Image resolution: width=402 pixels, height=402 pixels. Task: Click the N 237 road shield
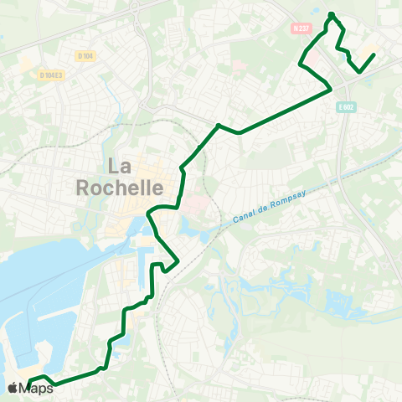point(301,28)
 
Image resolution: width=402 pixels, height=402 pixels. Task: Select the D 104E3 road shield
point(51,75)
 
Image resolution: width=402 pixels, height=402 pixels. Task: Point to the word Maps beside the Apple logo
point(38,388)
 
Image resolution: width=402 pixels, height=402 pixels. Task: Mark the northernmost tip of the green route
point(332,14)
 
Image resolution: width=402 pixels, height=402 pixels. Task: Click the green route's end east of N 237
point(374,54)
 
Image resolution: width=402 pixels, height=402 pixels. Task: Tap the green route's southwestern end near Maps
point(28,386)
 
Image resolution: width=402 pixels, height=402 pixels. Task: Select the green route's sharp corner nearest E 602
point(332,89)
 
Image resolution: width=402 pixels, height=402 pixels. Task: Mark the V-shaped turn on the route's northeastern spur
point(361,72)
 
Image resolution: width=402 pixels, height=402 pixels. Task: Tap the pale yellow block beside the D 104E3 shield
point(27,65)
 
